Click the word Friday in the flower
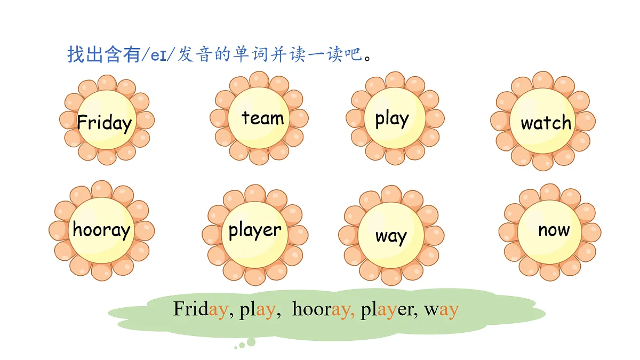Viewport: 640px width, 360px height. [x=105, y=123]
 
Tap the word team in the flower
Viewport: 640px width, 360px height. [x=263, y=118]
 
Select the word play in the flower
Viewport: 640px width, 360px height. [x=392, y=119]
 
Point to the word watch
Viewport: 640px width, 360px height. [x=546, y=122]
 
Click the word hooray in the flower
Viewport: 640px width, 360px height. [x=101, y=229]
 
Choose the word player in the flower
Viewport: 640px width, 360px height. [x=255, y=230]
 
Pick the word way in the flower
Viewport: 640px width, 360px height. [x=391, y=237]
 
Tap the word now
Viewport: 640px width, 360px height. [x=554, y=230]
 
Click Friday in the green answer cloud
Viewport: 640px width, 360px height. [x=201, y=309]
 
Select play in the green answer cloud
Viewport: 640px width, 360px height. [x=258, y=309]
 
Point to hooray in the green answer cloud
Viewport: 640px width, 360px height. [x=322, y=309]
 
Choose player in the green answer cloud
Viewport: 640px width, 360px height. [x=387, y=309]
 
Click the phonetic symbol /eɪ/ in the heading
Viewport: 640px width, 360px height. [x=158, y=55]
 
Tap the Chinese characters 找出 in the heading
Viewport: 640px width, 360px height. [x=85, y=54]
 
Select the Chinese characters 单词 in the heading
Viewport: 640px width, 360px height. [x=251, y=54]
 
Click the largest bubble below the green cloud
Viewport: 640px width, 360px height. [x=251, y=342]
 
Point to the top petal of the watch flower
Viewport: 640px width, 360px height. [x=543, y=81]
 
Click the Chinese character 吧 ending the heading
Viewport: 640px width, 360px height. [x=353, y=54]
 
